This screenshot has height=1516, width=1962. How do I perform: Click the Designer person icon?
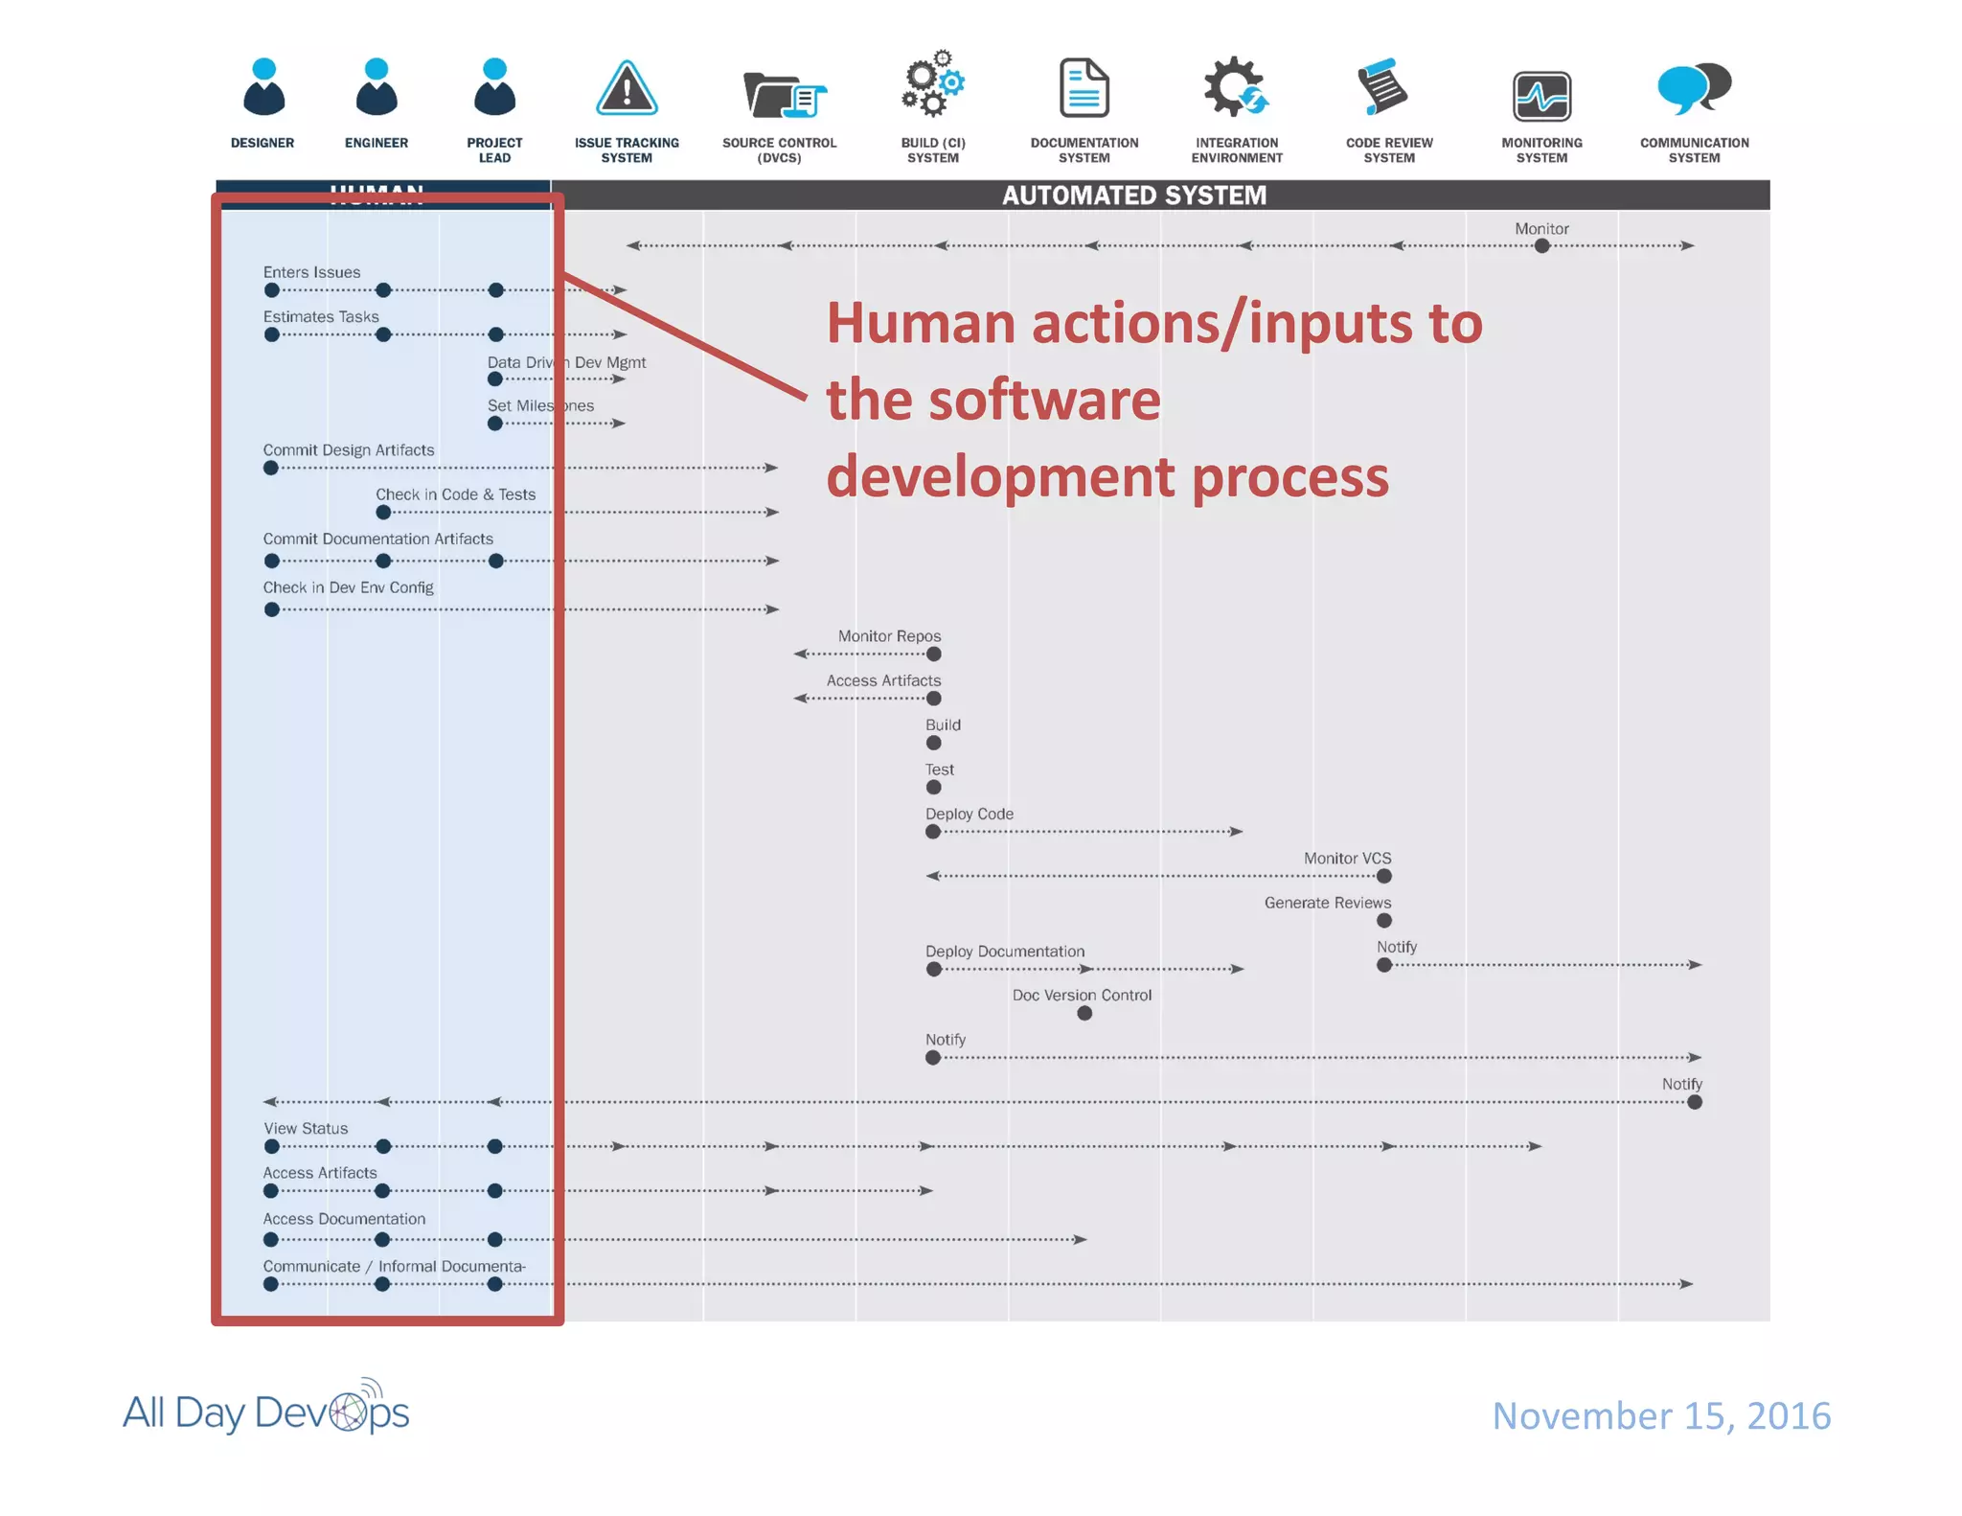point(263,88)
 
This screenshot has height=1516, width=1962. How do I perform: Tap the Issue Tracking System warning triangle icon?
point(627,89)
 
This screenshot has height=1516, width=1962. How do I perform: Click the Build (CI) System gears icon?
point(932,84)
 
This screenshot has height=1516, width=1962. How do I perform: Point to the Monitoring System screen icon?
point(1541,97)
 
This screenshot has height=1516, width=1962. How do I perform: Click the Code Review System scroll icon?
point(1382,86)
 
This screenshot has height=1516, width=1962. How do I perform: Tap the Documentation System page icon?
point(1084,88)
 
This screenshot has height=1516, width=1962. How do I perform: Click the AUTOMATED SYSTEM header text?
point(1133,195)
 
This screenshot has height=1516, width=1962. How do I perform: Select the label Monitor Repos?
point(889,636)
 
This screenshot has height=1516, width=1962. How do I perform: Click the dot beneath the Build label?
point(933,743)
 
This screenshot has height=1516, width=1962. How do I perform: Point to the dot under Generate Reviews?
point(1383,921)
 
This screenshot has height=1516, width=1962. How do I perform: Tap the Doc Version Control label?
point(1082,996)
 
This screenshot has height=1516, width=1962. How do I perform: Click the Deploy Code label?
point(969,814)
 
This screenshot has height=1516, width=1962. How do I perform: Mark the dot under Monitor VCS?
point(1383,876)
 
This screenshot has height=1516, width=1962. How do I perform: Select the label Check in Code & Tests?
point(455,494)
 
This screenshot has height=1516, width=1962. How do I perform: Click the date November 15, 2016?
point(1661,1415)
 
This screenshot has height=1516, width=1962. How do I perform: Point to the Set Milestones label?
point(540,405)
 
